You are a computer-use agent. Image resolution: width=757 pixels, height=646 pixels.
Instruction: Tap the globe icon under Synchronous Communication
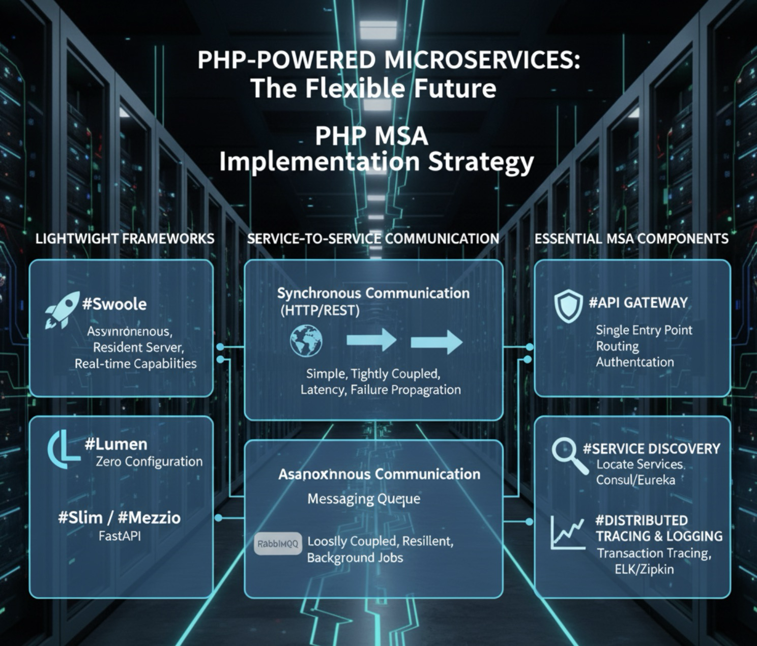306,341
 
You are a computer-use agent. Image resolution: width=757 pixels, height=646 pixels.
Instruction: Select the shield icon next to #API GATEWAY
568,306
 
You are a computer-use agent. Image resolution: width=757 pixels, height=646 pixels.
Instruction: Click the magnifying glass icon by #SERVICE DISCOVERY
569,456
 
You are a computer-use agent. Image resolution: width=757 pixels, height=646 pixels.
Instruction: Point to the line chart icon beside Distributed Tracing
567,533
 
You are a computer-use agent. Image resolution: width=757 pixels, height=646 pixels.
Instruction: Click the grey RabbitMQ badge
278,543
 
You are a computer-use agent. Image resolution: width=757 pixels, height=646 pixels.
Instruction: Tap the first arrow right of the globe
371,340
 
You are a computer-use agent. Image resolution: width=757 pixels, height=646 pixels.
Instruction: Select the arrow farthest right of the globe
436,341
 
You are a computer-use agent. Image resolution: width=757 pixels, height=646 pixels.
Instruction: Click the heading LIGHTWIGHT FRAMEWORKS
125,239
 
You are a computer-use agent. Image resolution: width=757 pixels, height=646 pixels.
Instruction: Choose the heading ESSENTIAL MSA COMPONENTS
631,239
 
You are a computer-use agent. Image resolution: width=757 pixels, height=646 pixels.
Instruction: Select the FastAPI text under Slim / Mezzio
120,536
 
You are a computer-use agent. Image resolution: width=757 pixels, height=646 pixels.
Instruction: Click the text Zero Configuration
149,461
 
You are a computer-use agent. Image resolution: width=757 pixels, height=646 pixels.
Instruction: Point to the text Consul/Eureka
635,480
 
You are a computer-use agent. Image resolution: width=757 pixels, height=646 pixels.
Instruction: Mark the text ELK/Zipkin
644,569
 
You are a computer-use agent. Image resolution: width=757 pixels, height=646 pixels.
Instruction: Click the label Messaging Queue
364,499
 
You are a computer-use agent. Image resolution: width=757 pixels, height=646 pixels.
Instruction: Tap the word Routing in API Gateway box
617,346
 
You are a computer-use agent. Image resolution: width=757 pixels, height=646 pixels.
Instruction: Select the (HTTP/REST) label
320,310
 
